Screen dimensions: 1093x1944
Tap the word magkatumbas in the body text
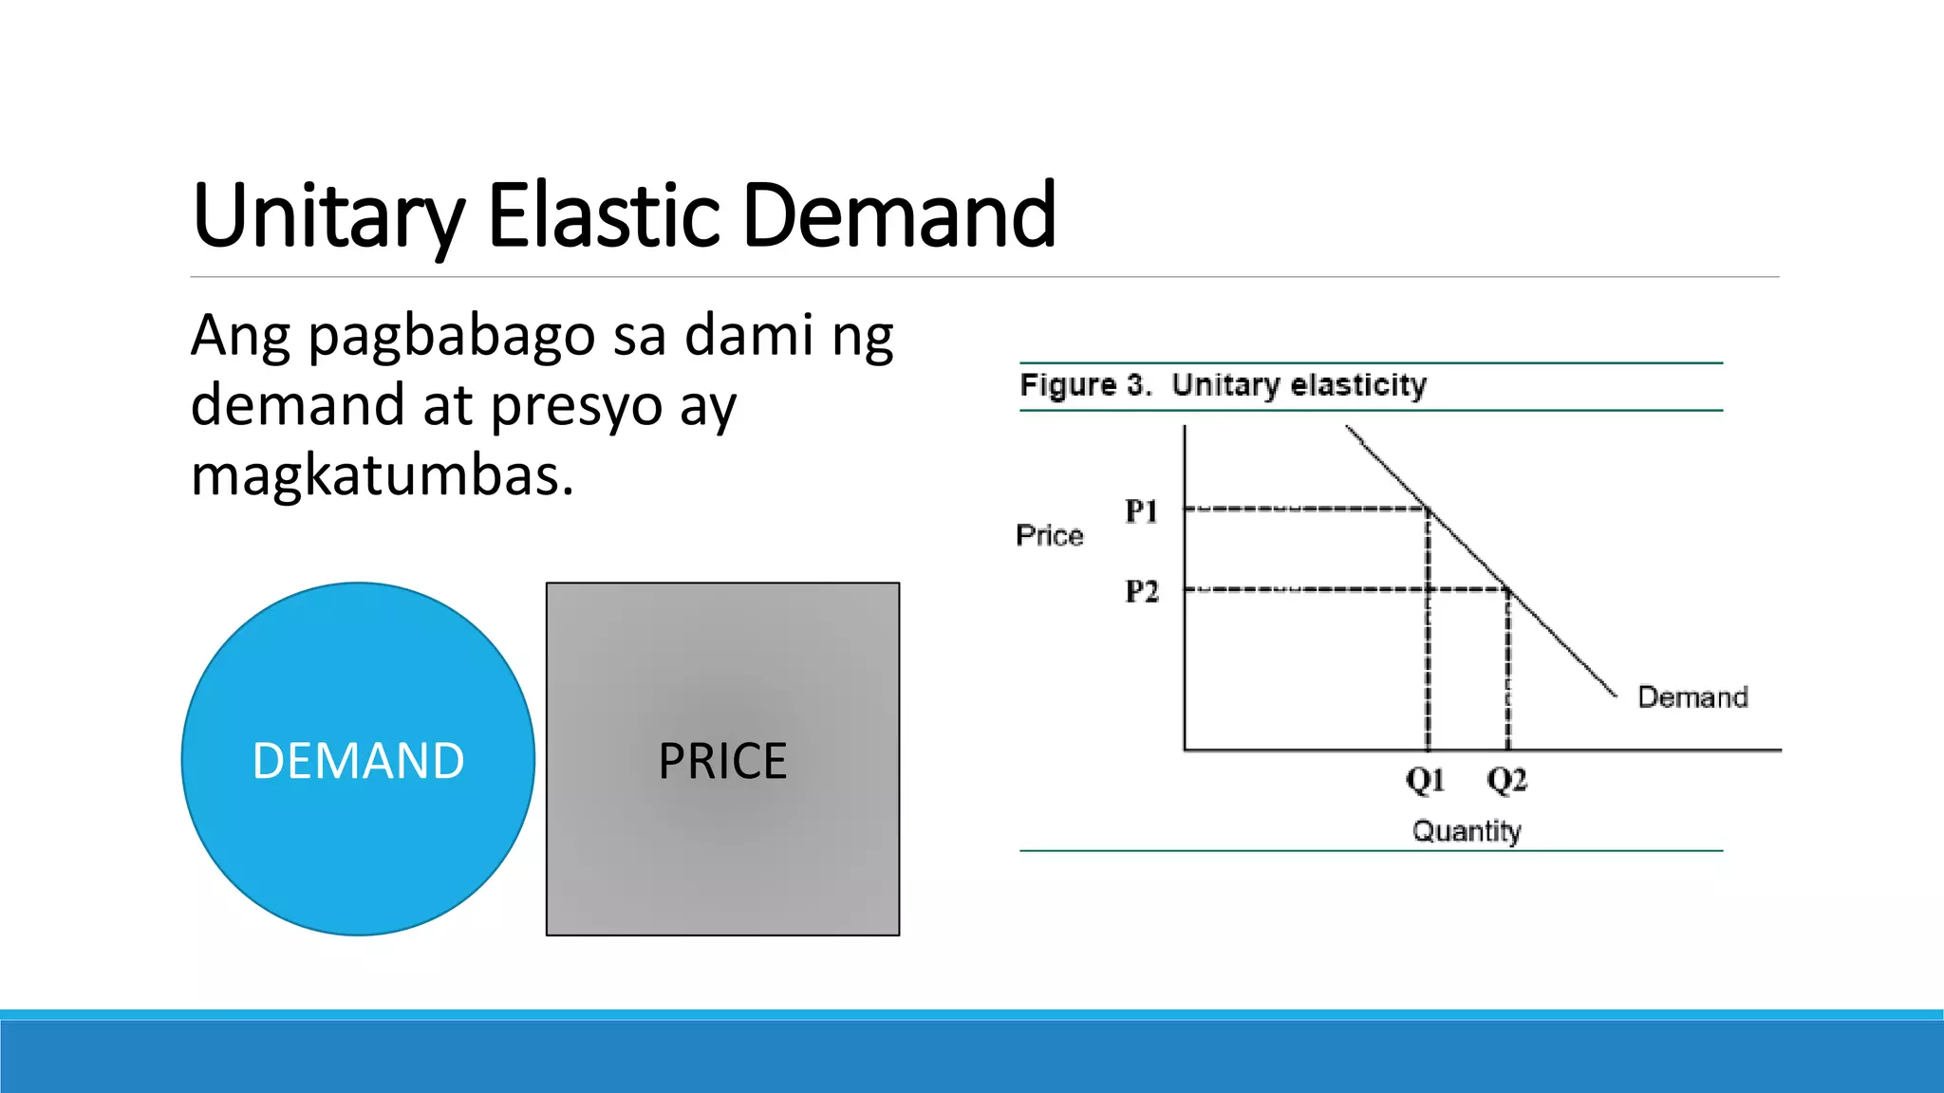coord(382,475)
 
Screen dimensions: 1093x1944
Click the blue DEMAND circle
coord(358,759)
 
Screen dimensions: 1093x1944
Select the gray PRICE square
coord(722,759)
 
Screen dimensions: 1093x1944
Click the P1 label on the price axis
coord(1142,511)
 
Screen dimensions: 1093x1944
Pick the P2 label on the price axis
coord(1142,591)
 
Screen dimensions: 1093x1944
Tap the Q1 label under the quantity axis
coord(1426,781)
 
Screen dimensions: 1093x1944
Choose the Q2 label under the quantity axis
coord(1506,781)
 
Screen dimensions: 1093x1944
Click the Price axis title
coord(1049,535)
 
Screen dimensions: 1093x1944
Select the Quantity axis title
coord(1467,831)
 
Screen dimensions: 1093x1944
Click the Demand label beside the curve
coord(1692,697)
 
